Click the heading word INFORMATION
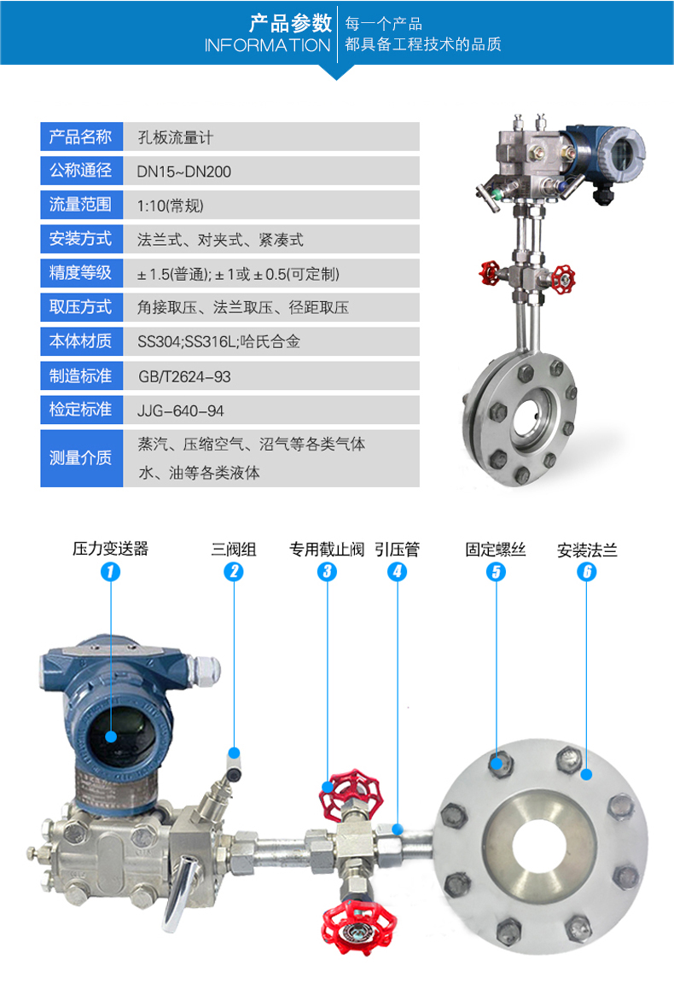click(x=267, y=46)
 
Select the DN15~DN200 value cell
click(x=271, y=172)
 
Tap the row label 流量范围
click(x=80, y=204)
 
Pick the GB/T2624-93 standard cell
click(x=271, y=376)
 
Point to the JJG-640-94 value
click(x=181, y=411)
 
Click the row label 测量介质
click(x=80, y=458)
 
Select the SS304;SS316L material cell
click(x=271, y=342)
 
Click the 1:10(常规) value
click(x=170, y=206)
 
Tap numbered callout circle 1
click(x=110, y=571)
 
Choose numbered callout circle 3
click(x=327, y=571)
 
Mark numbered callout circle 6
click(x=586, y=571)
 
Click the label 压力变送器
click(x=110, y=548)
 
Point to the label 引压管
click(x=398, y=549)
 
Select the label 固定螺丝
click(x=496, y=549)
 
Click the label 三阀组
click(x=234, y=549)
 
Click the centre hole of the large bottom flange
click(x=539, y=847)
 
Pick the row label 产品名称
click(x=80, y=137)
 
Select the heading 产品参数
click(x=290, y=24)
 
